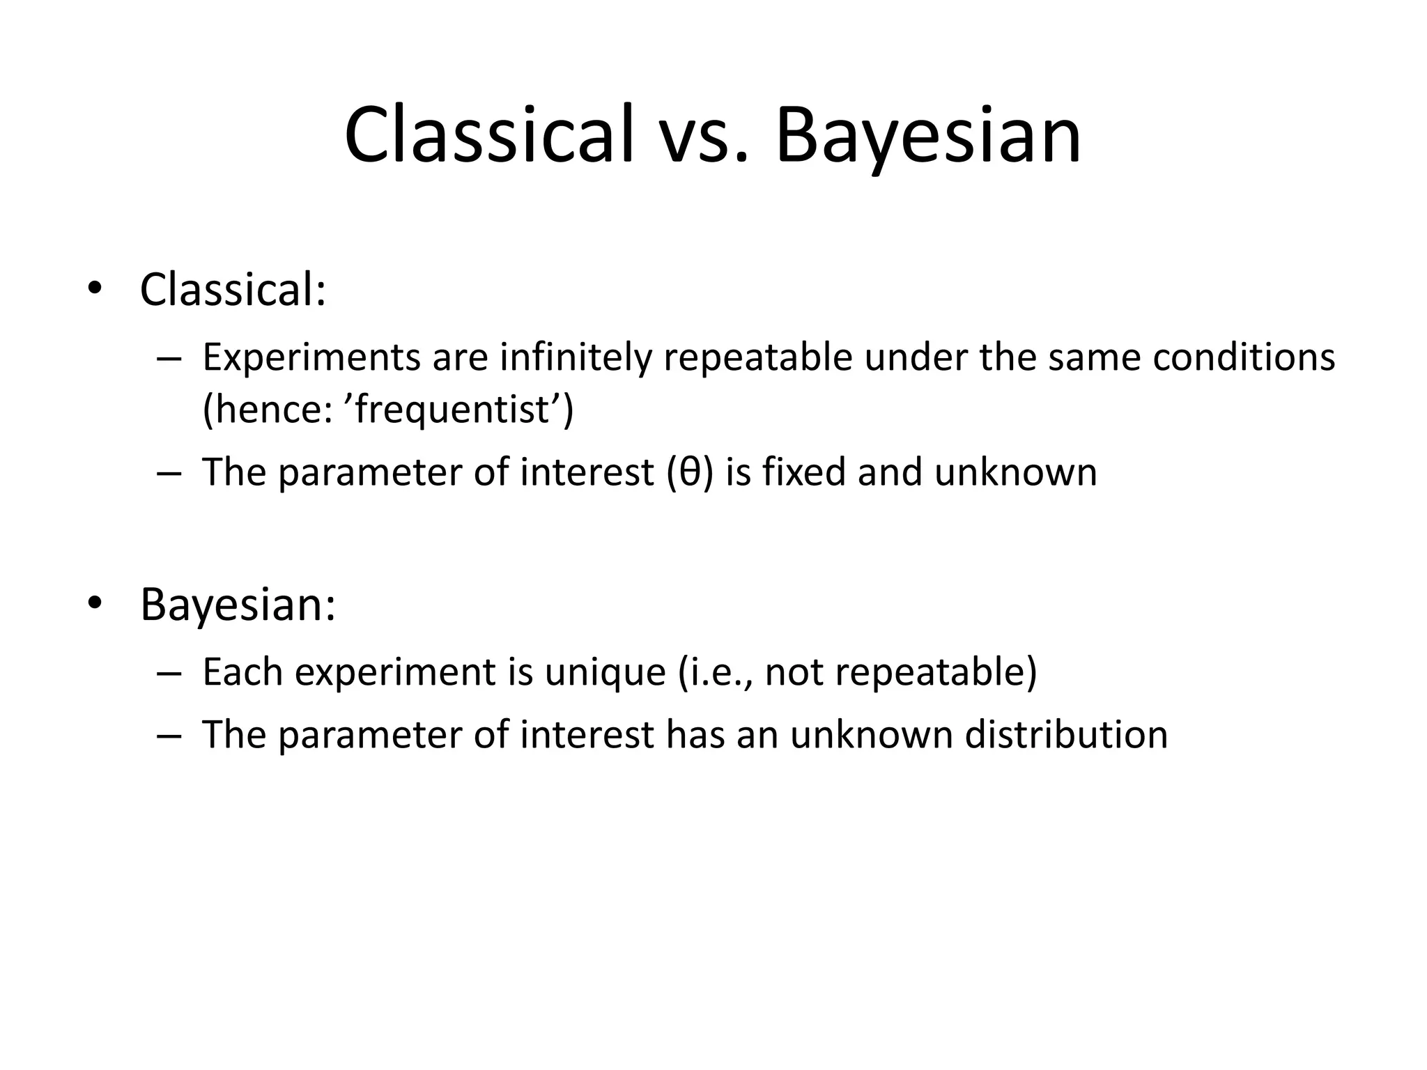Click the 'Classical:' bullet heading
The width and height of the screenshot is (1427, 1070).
233,288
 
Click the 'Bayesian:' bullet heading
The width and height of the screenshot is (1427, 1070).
238,604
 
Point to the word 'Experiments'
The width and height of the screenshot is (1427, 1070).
311,358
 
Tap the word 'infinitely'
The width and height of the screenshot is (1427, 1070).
576,358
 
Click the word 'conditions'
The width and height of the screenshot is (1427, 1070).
1244,358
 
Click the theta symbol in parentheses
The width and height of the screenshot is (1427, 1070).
690,472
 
